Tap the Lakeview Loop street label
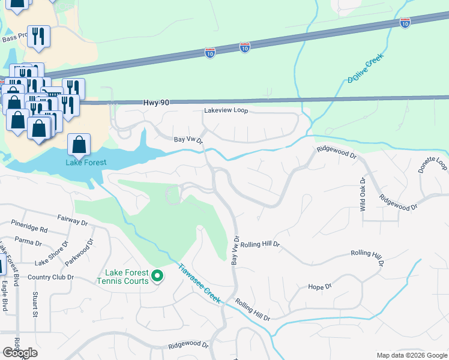tap(226, 111)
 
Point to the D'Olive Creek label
tap(365, 70)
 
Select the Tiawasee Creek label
tap(199, 283)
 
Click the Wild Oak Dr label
tap(363, 194)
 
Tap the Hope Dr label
tap(319, 287)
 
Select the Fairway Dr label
tap(73, 220)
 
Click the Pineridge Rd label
tap(29, 229)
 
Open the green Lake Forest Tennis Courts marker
tap(158, 276)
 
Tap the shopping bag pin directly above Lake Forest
tap(79, 145)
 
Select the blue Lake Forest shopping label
tap(86, 163)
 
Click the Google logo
tap(20, 353)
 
